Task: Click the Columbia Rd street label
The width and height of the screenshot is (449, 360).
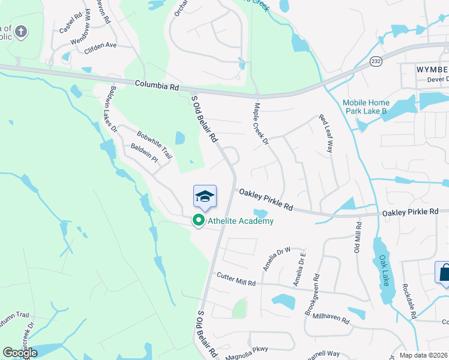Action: (157, 86)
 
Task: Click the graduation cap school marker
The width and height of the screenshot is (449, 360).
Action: (205, 196)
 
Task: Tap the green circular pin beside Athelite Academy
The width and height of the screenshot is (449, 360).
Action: (199, 221)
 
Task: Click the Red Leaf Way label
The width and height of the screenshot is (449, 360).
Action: (325, 133)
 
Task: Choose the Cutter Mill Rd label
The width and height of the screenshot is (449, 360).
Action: (237, 279)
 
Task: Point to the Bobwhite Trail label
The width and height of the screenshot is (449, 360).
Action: (154, 145)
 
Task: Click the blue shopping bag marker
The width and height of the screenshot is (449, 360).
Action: (445, 272)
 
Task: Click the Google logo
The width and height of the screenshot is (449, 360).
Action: (20, 353)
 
